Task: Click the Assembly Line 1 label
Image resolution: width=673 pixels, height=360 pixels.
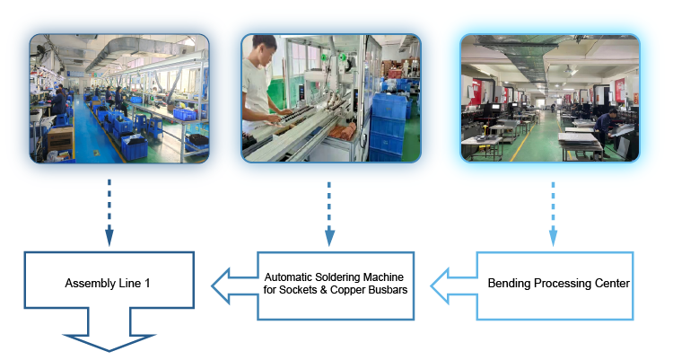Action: [x=108, y=283]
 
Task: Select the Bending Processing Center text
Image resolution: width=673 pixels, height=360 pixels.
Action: [x=558, y=283]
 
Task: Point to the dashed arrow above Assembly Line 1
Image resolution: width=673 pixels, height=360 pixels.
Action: [x=109, y=212]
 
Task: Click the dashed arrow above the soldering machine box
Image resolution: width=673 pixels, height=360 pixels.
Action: [x=329, y=214]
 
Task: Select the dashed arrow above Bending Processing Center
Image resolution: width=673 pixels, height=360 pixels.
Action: [x=553, y=214]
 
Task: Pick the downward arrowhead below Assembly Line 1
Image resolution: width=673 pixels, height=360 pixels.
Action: [x=109, y=340]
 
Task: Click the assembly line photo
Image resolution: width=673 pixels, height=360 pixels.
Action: [x=119, y=99]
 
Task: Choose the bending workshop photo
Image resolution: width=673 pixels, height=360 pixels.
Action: [x=550, y=99]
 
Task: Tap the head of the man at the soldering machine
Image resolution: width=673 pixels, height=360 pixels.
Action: [x=264, y=48]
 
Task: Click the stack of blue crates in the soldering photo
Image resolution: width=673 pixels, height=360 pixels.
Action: [x=388, y=126]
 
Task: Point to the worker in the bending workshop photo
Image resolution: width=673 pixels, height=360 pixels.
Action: [x=606, y=132]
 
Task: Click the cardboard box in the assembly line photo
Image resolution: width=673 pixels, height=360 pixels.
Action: [x=59, y=139]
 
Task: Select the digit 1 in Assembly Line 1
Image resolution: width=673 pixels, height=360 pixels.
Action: [x=147, y=283]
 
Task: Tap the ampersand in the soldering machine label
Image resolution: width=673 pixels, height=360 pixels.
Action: [x=324, y=290]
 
